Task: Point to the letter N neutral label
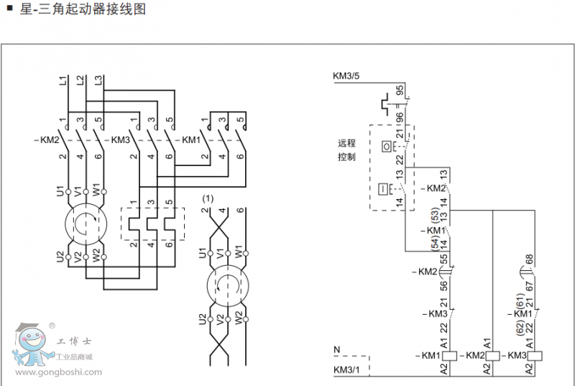[x=336, y=349]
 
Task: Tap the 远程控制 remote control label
[x=346, y=150]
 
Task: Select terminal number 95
[x=400, y=91]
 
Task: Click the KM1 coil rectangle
[x=450, y=356]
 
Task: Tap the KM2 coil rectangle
[x=494, y=356]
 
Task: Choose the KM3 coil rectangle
[x=535, y=356]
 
